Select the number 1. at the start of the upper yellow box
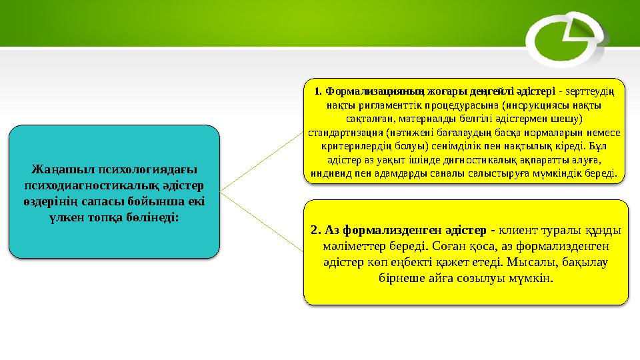point(318,92)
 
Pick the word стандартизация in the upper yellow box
point(339,133)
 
